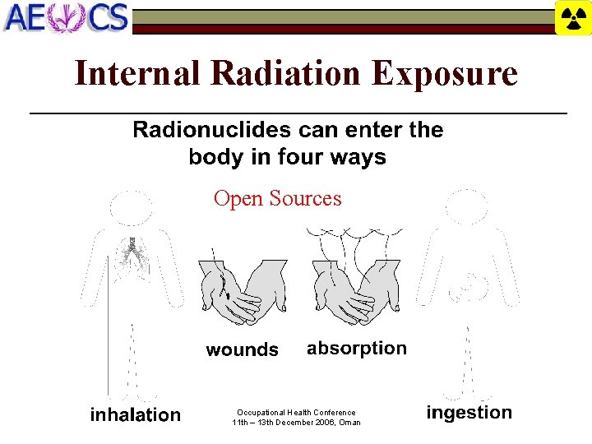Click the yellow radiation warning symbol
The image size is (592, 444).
click(x=573, y=17)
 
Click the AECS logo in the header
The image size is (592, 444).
click(x=66, y=17)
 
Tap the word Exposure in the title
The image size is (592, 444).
click(x=444, y=73)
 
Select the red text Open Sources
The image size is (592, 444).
click(x=277, y=198)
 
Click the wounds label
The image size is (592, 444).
click(x=242, y=350)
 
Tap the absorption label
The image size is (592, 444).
click(x=357, y=349)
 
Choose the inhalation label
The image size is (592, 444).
click(x=135, y=414)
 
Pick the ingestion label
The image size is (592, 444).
click(x=469, y=413)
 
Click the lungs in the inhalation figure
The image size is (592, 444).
click(x=130, y=251)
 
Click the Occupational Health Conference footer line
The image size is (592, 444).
click(x=296, y=413)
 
